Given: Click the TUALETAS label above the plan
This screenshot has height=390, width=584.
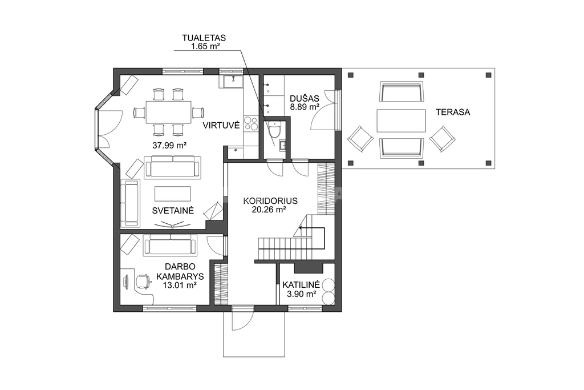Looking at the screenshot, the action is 204,38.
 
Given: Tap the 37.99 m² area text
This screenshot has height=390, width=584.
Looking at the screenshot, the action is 169,146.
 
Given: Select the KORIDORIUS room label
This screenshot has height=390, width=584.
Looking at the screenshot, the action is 270,201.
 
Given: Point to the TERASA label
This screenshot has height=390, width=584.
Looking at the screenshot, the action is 453,112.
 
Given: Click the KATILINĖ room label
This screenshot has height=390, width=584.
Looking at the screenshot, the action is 301,285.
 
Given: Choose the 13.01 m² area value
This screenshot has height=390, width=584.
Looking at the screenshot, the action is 180,286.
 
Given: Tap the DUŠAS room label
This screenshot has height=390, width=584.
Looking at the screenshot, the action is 305,99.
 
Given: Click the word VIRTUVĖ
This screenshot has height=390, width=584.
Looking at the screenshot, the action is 221,125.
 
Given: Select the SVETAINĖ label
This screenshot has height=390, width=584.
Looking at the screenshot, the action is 173,211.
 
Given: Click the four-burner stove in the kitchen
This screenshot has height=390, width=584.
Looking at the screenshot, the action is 251,123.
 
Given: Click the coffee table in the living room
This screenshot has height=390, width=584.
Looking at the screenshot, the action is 173,194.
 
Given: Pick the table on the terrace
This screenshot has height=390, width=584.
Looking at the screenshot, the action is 401,120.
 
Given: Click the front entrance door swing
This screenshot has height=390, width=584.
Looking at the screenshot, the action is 242,321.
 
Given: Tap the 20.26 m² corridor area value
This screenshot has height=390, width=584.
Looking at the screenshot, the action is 269,210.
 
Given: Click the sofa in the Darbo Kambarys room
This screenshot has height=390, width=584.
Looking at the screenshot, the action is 170,245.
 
